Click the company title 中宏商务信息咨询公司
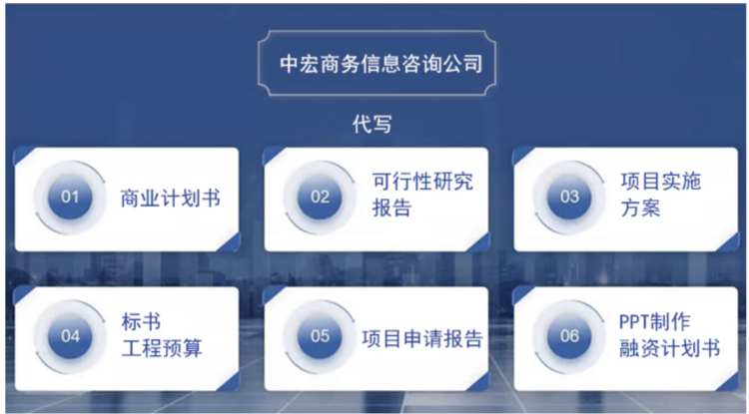(x=380, y=64)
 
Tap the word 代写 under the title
(x=373, y=124)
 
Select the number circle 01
(x=70, y=197)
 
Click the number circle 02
(x=320, y=197)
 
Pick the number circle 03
(x=569, y=197)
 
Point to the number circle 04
(x=70, y=336)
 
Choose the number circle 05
(x=320, y=336)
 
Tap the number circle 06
(x=569, y=336)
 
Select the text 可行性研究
(x=422, y=182)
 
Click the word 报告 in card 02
(x=391, y=207)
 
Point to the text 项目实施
(x=661, y=182)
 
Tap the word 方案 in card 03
(x=640, y=207)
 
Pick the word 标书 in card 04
(x=141, y=322)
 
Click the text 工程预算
(x=162, y=348)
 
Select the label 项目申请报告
(x=422, y=338)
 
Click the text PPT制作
(x=655, y=322)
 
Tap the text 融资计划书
(x=670, y=348)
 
